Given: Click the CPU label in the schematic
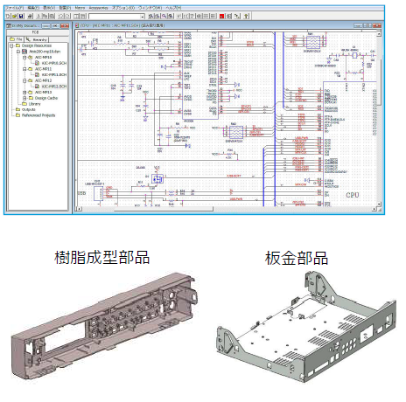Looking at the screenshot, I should [x=353, y=194].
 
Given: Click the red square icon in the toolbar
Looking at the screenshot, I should [x=222, y=16].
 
